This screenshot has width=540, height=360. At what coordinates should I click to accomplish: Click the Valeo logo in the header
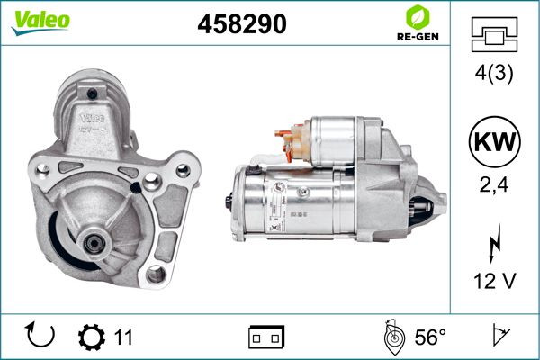point(40,22)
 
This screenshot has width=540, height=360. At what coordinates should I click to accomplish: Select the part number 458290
point(242,23)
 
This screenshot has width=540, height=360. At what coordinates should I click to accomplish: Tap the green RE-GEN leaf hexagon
point(418,17)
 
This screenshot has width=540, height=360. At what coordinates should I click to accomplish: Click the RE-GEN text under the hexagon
point(418,37)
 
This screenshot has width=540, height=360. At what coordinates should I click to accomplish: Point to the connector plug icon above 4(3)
point(494,34)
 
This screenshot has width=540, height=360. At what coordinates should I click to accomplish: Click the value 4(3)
point(494,74)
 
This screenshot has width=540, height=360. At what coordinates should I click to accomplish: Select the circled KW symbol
point(494,141)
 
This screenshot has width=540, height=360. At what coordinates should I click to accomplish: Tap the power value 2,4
point(494,185)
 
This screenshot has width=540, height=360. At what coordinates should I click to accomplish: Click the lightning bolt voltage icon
point(494,243)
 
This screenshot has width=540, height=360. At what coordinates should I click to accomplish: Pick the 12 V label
point(494,281)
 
